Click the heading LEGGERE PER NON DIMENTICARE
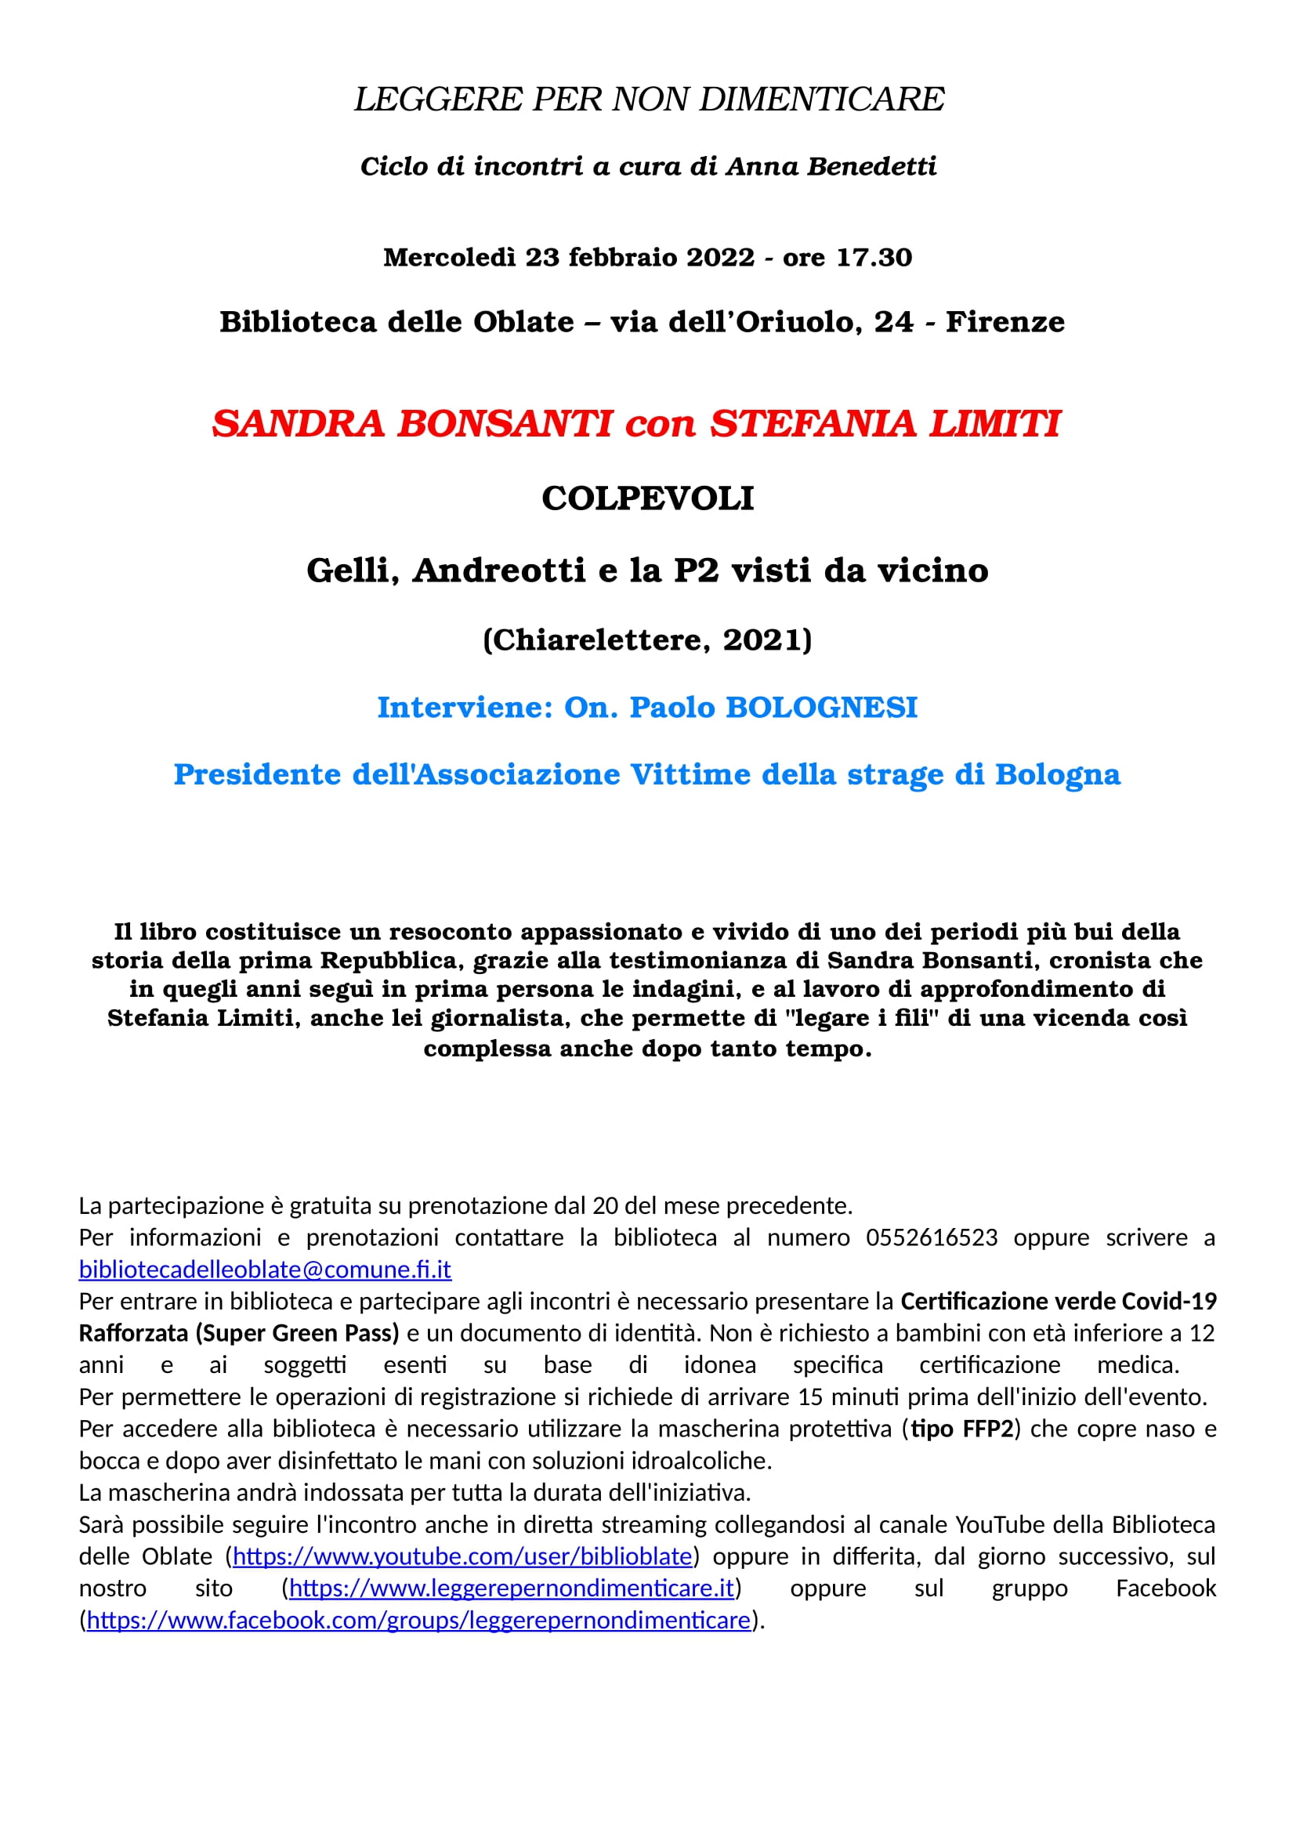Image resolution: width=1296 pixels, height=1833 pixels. coord(648,100)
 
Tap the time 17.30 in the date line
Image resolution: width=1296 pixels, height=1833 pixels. coord(874,257)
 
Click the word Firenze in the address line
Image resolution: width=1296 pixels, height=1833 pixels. coord(1005,322)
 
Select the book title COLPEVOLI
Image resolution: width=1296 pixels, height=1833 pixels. coord(647,498)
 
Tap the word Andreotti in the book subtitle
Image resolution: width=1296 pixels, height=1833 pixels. coord(499,570)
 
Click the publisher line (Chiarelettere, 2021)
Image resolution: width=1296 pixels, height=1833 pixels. coord(647,639)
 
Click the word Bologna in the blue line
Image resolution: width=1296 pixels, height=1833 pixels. coord(1057,774)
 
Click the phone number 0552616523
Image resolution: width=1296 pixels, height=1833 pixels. coord(932,1237)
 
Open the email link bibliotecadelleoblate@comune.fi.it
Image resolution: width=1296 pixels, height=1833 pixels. coord(265,1270)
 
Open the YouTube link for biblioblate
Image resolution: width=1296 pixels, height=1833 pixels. coord(462,1556)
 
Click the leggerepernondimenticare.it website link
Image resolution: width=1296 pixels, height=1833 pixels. coord(511,1588)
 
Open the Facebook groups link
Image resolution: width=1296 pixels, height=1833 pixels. coord(418,1620)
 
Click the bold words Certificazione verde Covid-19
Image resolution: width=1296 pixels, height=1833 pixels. coord(1058,1302)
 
